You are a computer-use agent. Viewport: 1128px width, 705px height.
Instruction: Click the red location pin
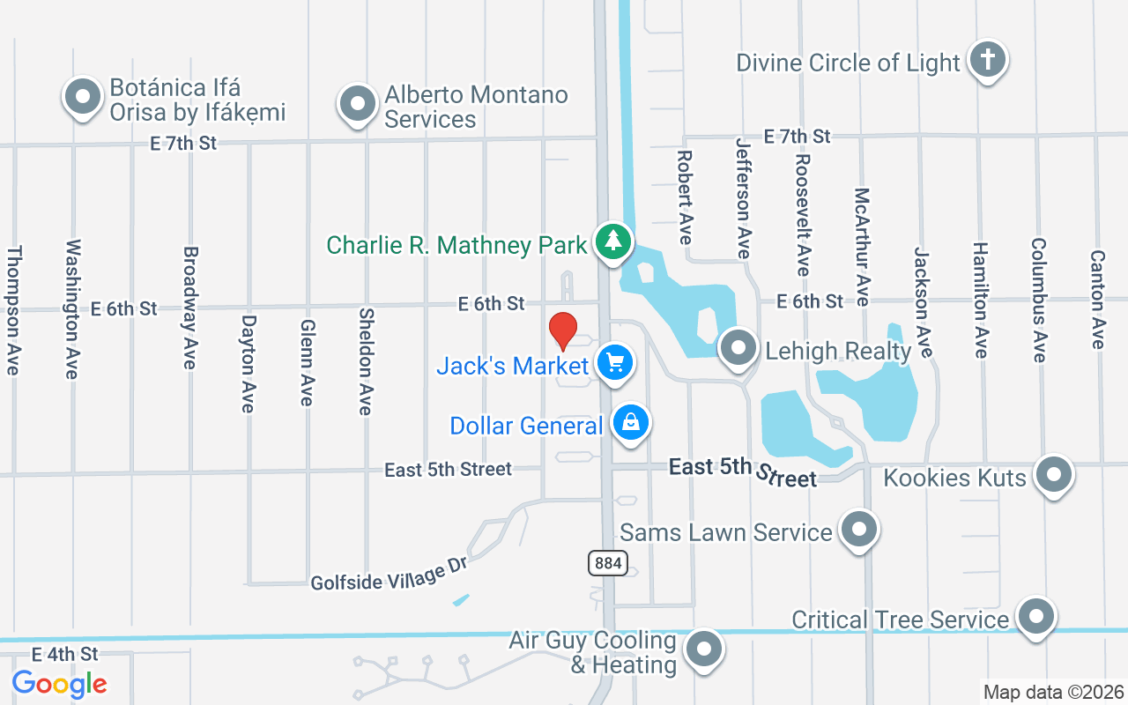pyautogui.click(x=563, y=330)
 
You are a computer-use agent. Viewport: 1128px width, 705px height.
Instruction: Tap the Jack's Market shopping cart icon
pyautogui.click(x=614, y=362)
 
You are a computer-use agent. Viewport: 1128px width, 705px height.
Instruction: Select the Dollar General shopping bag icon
pyautogui.click(x=631, y=423)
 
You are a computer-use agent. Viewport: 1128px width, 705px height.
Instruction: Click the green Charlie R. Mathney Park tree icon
pyautogui.click(x=612, y=241)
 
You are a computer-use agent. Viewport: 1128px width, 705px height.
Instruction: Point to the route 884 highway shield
pyautogui.click(x=608, y=562)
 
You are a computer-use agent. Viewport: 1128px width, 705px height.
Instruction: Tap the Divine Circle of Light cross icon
pyautogui.click(x=987, y=61)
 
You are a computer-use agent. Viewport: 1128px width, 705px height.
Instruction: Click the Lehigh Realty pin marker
pyautogui.click(x=738, y=348)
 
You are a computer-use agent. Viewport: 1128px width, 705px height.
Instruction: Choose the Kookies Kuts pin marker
pyautogui.click(x=1054, y=475)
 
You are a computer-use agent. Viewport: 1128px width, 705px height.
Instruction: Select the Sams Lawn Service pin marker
pyautogui.click(x=858, y=530)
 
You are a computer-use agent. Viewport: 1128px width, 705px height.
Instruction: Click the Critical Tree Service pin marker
pyautogui.click(x=1035, y=617)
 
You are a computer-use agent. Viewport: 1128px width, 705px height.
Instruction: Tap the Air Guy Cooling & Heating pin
pyautogui.click(x=704, y=650)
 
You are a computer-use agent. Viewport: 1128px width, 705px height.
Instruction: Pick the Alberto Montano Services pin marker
pyautogui.click(x=357, y=104)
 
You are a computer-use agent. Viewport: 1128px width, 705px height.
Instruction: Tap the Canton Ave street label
pyautogui.click(x=1097, y=300)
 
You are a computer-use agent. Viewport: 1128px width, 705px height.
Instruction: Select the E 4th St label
pyautogui.click(x=65, y=654)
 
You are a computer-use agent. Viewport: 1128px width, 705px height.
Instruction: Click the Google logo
pyautogui.click(x=60, y=684)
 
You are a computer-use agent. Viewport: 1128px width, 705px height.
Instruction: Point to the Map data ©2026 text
pyautogui.click(x=1054, y=693)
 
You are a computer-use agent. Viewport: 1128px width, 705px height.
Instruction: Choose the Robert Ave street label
pyautogui.click(x=685, y=197)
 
